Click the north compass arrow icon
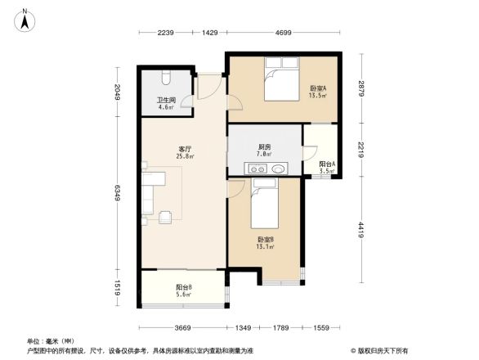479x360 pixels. pos(25,18)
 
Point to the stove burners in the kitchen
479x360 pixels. pos(260,170)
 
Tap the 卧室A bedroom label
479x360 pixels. pos(318,91)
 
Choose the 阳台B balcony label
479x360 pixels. pos(184,290)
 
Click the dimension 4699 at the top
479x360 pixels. pos(283,34)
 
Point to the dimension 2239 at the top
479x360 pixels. pos(168,34)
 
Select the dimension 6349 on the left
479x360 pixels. pos(118,193)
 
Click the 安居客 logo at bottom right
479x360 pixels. pos(381,350)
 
